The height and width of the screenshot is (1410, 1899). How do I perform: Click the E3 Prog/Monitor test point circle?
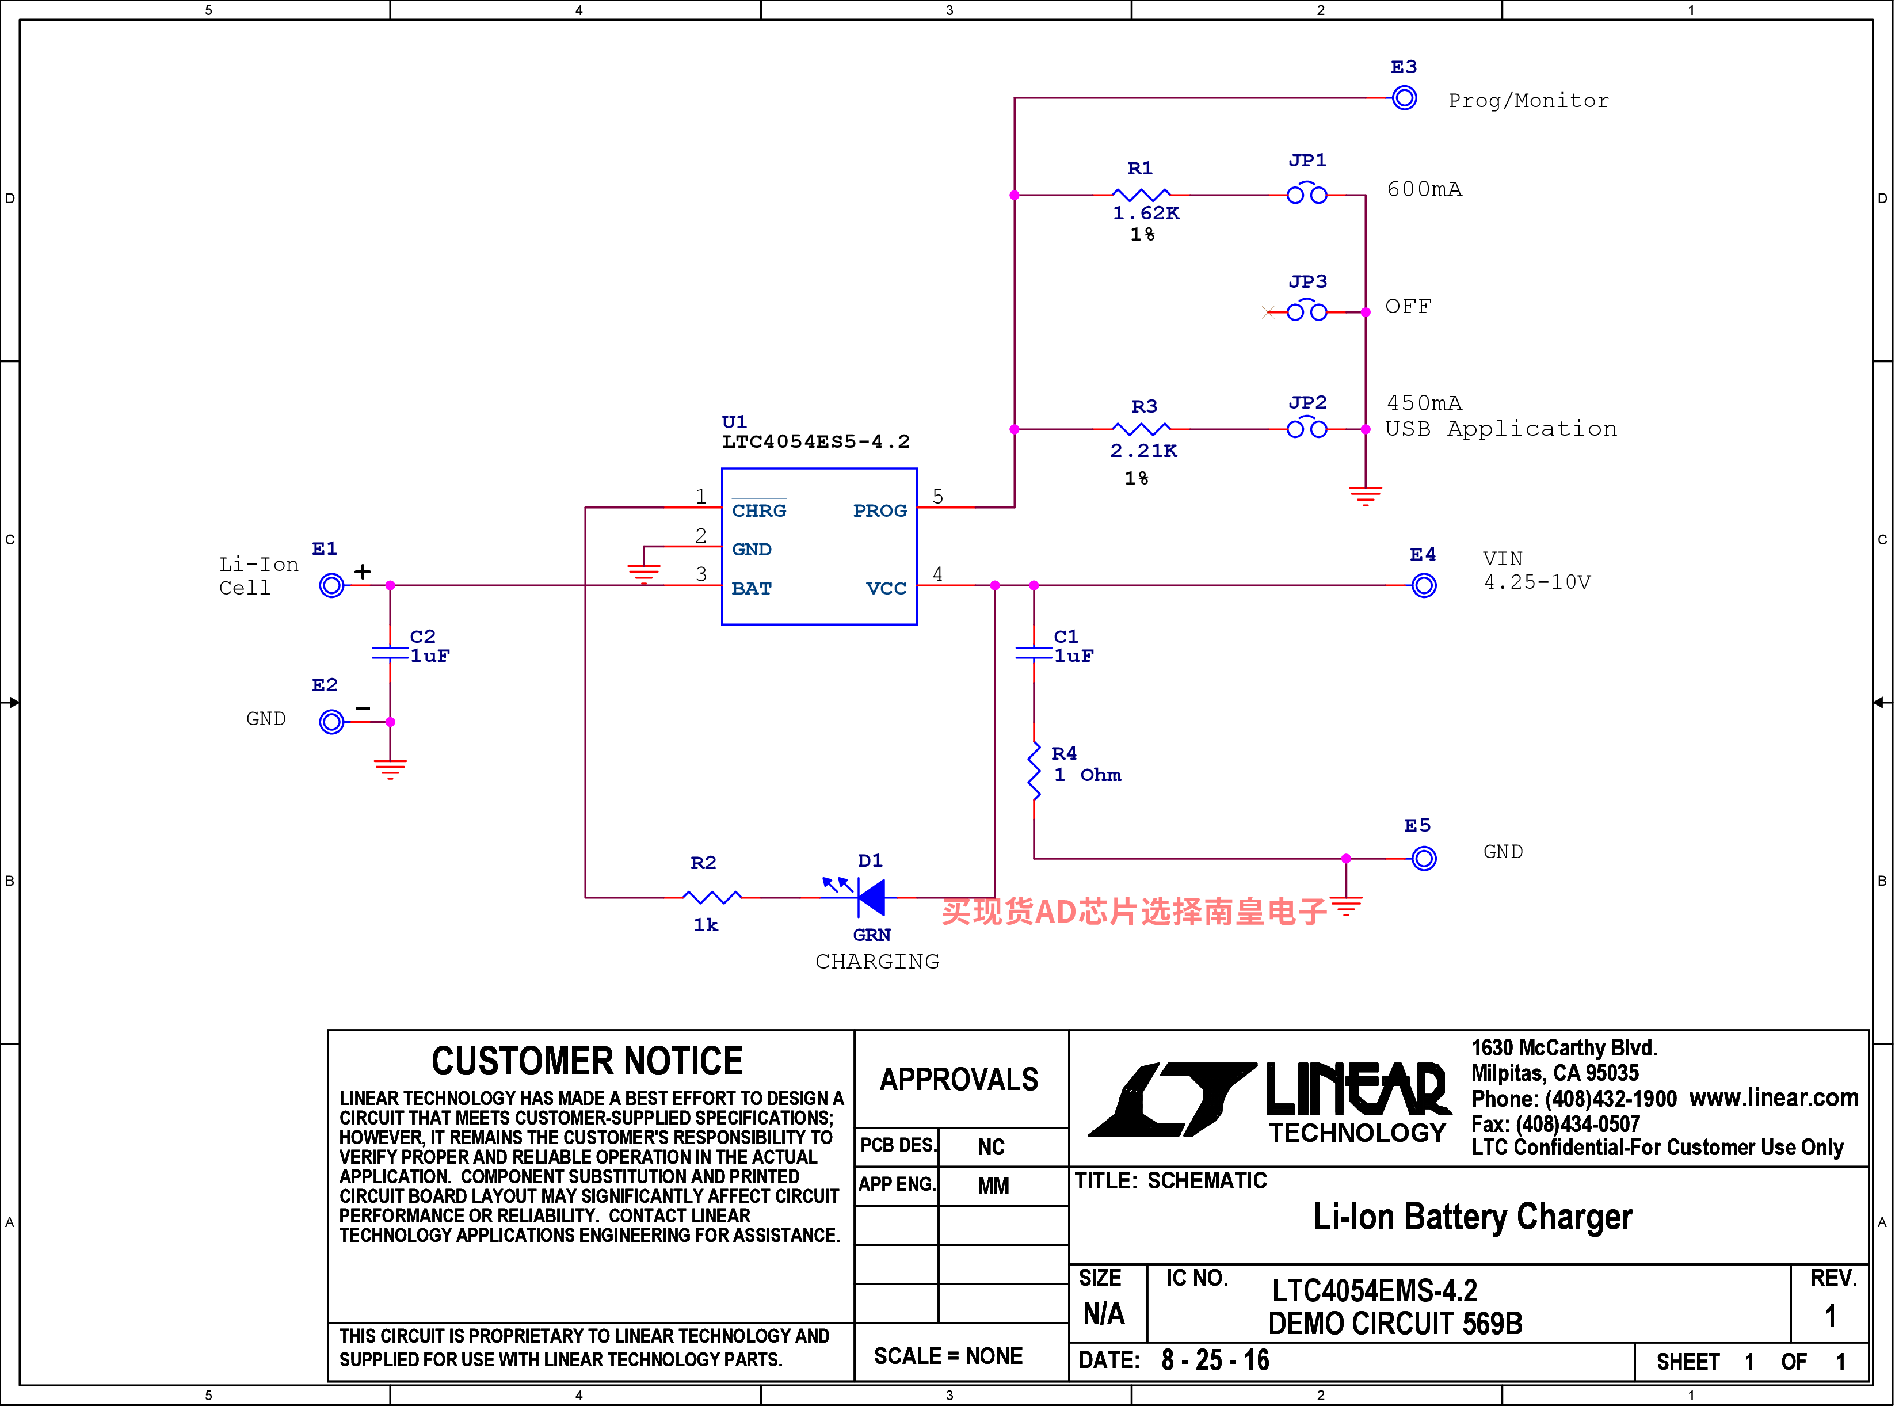point(1406,98)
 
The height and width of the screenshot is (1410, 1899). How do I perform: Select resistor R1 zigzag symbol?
point(1143,196)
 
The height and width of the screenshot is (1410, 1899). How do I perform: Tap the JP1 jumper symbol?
point(1309,193)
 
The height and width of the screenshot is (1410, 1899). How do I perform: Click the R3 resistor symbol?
point(1143,429)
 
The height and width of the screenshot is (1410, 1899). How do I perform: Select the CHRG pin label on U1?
point(760,511)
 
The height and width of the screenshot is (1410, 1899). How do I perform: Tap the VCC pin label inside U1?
point(887,589)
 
